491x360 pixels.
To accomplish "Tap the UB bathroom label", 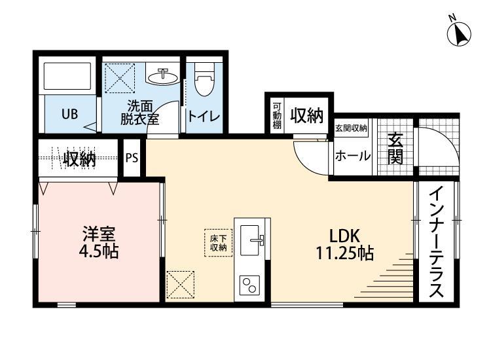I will (69, 114).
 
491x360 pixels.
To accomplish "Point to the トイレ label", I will (204, 117).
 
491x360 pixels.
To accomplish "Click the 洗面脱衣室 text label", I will (139, 113).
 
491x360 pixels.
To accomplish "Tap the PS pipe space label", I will (132, 158).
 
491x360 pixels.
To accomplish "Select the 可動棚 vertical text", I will (277, 116).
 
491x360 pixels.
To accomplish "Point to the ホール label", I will (352, 156).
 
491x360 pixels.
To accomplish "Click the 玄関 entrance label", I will (394, 149).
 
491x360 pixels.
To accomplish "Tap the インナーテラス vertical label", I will (437, 243).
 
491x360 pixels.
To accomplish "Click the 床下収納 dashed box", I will (218, 242).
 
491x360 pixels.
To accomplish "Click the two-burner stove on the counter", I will (250, 285).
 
